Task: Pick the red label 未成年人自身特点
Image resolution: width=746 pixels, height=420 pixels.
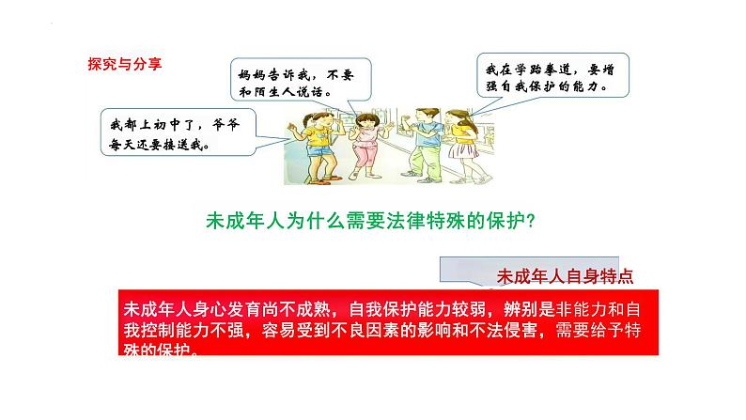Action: pos(563,276)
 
